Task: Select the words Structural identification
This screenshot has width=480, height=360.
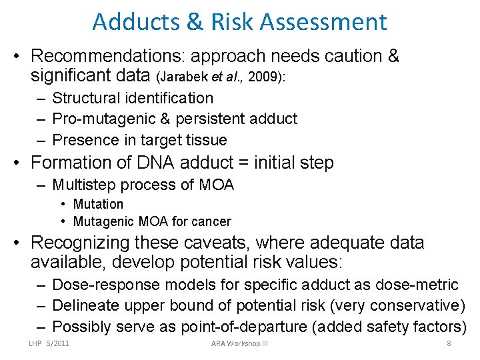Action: click(x=133, y=98)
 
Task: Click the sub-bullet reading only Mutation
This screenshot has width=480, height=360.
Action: click(x=98, y=204)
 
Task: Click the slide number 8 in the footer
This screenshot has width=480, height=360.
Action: click(x=449, y=344)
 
